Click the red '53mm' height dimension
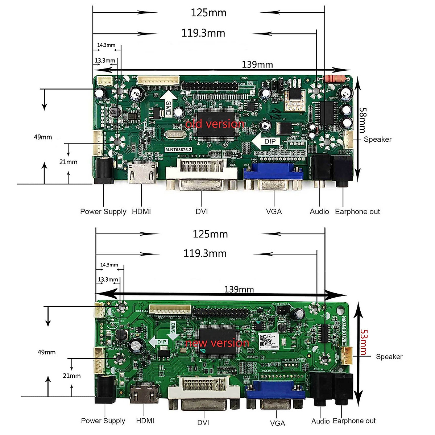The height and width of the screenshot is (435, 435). pyautogui.click(x=364, y=342)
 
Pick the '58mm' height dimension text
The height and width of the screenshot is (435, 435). pyautogui.click(x=362, y=120)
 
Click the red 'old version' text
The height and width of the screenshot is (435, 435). pyautogui.click(x=215, y=124)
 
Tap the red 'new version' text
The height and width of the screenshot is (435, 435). pyautogui.click(x=217, y=343)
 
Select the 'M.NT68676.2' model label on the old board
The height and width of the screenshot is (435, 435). pyautogui.click(x=178, y=150)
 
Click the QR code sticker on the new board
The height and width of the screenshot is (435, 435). pyautogui.click(x=266, y=341)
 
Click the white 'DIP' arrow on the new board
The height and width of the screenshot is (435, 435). pyautogui.click(x=159, y=342)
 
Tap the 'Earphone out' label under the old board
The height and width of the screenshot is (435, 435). pyautogui.click(x=357, y=212)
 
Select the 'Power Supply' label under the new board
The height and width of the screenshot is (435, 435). pyautogui.click(x=103, y=421)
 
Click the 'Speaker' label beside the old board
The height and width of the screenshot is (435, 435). pyautogui.click(x=377, y=140)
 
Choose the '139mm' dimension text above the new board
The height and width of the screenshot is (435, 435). pyautogui.click(x=239, y=289)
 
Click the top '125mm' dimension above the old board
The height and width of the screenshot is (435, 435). pyautogui.click(x=208, y=13)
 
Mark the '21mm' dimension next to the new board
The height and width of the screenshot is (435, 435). pyautogui.click(x=71, y=376)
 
